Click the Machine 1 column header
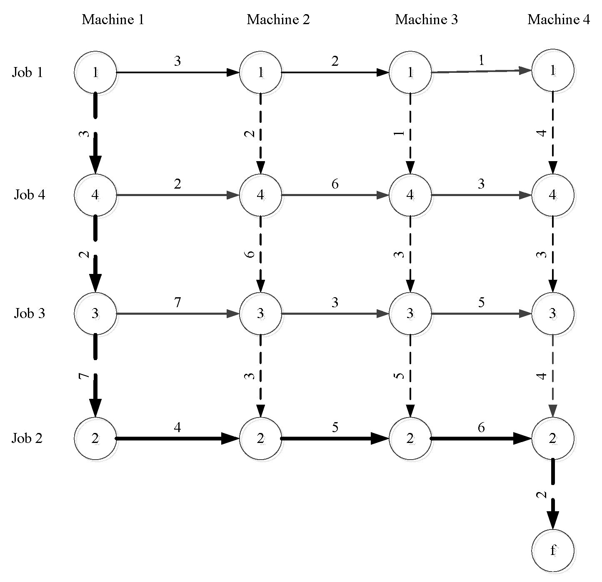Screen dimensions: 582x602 click(x=113, y=20)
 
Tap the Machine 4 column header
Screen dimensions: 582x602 click(x=558, y=20)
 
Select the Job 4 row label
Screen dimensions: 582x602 click(x=29, y=194)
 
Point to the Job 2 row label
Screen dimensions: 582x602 click(x=27, y=438)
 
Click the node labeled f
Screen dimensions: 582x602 click(x=553, y=550)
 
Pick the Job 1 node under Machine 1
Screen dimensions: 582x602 click(x=95, y=72)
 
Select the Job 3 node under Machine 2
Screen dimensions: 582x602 click(x=260, y=313)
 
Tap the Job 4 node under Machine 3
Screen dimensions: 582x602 click(x=410, y=194)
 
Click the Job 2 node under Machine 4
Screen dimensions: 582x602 click(x=553, y=438)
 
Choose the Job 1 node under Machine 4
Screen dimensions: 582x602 click(x=553, y=71)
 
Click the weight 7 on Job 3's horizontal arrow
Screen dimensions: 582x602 click(x=177, y=303)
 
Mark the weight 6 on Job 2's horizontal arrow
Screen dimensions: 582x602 click(x=481, y=428)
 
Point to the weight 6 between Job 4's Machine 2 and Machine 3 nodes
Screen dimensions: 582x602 click(x=335, y=184)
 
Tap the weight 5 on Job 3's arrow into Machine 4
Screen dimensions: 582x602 click(x=481, y=303)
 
